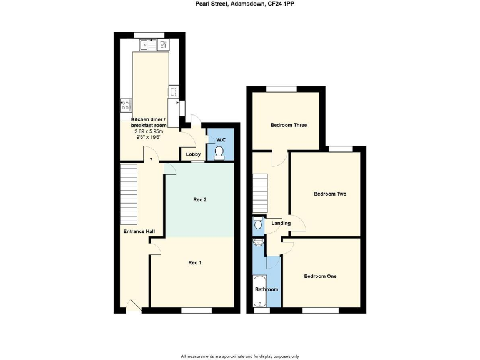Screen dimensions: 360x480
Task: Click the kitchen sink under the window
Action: tap(147, 44)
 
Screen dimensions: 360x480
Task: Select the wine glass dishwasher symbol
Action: tap(164, 44)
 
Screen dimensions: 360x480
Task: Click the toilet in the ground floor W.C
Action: tap(219, 152)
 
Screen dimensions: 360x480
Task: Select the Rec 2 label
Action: tap(200, 199)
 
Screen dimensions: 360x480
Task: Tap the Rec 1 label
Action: tap(195, 263)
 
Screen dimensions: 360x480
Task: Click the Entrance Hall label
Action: tap(139, 232)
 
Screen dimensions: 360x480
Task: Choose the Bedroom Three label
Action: tap(289, 125)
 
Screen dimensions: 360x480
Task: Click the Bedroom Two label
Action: tap(330, 194)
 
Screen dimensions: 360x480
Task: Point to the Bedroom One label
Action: tap(320, 276)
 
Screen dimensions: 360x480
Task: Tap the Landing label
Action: tap(281, 222)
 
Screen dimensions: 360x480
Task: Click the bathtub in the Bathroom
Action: tap(260, 291)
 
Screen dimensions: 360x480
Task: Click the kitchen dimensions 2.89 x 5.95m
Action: tap(148, 131)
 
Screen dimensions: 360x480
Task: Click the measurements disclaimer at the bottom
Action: tap(240, 356)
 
